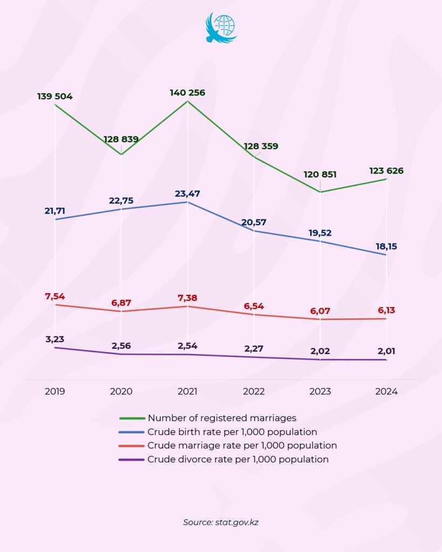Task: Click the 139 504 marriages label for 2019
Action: click(x=55, y=96)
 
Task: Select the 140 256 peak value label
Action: click(x=187, y=93)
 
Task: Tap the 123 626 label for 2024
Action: click(x=386, y=171)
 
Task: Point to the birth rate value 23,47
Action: click(x=187, y=194)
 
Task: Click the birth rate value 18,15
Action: click(x=386, y=246)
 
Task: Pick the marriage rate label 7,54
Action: click(x=55, y=296)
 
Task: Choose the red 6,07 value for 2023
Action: click(x=320, y=311)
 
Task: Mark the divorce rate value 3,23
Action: click(x=55, y=339)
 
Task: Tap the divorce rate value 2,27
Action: click(x=254, y=348)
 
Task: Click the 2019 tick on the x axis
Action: click(x=55, y=392)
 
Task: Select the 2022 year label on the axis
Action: click(x=254, y=392)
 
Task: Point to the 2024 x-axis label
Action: click(x=386, y=392)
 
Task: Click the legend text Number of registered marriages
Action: click(x=222, y=418)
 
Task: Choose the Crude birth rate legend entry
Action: click(x=232, y=432)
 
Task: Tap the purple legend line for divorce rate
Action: click(x=131, y=460)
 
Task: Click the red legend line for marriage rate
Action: click(x=131, y=446)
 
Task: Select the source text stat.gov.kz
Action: click(x=221, y=522)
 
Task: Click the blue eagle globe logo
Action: click(x=221, y=27)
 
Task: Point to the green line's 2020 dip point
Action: click(x=121, y=155)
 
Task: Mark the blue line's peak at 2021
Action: click(x=187, y=202)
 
